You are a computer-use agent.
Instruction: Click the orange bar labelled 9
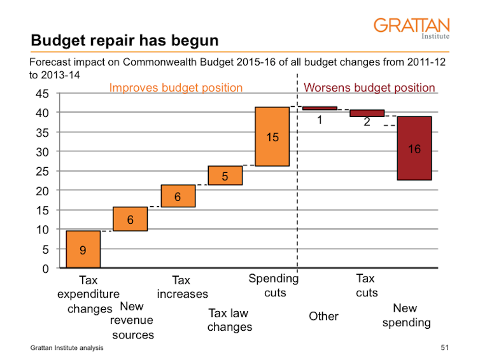point(83,249)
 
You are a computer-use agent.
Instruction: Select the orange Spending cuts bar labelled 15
point(272,136)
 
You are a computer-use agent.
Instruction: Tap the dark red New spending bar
point(414,148)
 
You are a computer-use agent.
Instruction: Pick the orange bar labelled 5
point(225,176)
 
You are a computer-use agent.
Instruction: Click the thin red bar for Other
point(320,108)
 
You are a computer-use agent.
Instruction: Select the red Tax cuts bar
point(367,113)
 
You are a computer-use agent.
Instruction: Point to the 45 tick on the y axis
point(43,94)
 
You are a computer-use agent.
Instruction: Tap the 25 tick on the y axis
point(43,172)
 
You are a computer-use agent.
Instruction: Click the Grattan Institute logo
point(411,28)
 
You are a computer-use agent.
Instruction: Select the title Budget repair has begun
point(125,41)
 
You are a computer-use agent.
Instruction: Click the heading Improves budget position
point(176,88)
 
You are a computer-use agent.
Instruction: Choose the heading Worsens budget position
point(369,88)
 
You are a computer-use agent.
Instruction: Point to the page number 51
point(444,348)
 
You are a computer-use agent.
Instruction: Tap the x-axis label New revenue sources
point(132,321)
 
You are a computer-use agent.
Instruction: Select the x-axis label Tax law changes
point(229,320)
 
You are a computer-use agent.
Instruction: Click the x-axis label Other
point(323,316)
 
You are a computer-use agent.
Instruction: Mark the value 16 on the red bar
point(414,149)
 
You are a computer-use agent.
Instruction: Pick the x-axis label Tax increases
point(182,287)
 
